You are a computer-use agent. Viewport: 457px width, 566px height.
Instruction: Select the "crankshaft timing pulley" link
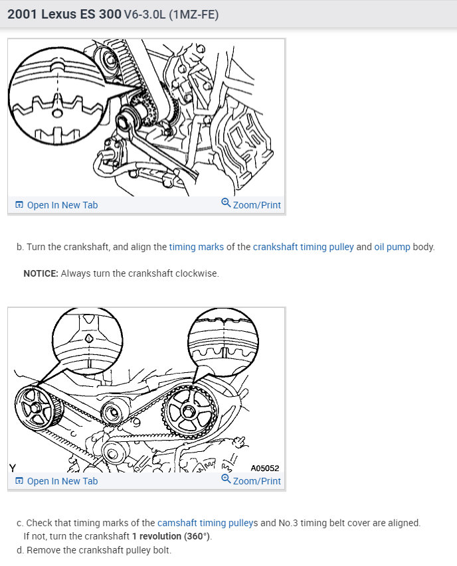pyautogui.click(x=303, y=247)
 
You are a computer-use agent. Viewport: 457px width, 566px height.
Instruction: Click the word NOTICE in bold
pyautogui.click(x=41, y=273)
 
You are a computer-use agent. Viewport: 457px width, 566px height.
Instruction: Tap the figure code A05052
pyautogui.click(x=265, y=468)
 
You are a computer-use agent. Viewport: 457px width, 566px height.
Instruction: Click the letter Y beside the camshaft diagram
pyautogui.click(x=13, y=468)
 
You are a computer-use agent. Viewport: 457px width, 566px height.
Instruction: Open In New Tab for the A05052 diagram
pyautogui.click(x=56, y=481)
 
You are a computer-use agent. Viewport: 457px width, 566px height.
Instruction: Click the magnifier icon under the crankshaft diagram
pyautogui.click(x=226, y=204)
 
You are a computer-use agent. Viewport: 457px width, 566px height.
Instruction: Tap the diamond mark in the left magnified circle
pyautogui.click(x=88, y=338)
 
